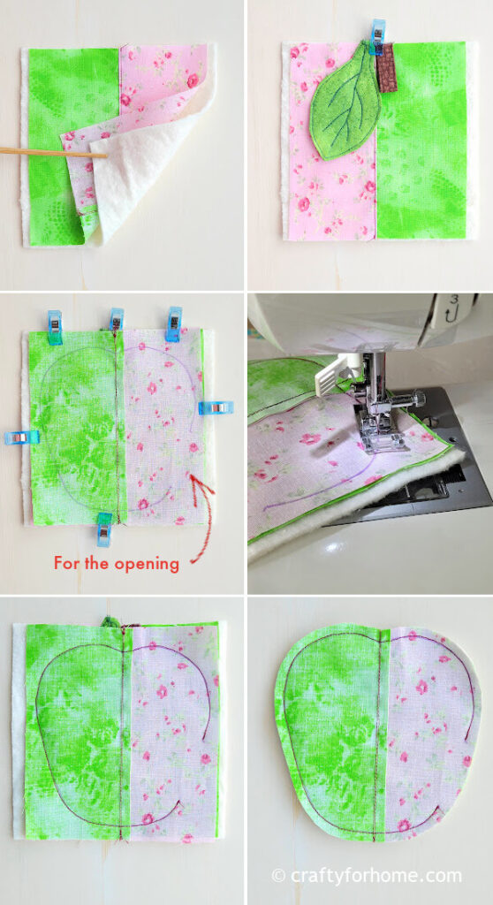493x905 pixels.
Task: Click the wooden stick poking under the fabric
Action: coord(44,153)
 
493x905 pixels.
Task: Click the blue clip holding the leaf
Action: coord(378,38)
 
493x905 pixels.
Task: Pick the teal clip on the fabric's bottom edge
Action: coord(104,529)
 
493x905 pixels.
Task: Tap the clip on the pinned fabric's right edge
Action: coord(215,407)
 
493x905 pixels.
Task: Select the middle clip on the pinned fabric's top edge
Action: coord(116,320)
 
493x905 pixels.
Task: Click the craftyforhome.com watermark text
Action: coord(375,875)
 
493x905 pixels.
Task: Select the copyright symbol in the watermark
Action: coord(278,876)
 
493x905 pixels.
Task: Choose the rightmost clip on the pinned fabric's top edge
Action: coord(173,323)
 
